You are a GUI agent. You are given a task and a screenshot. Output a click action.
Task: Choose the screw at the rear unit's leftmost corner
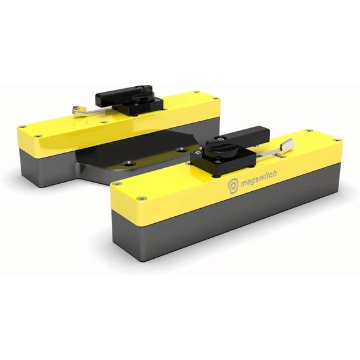pyautogui.click(x=23, y=127)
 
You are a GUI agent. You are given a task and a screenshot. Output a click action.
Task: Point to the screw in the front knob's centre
pyautogui.click(x=220, y=138)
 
